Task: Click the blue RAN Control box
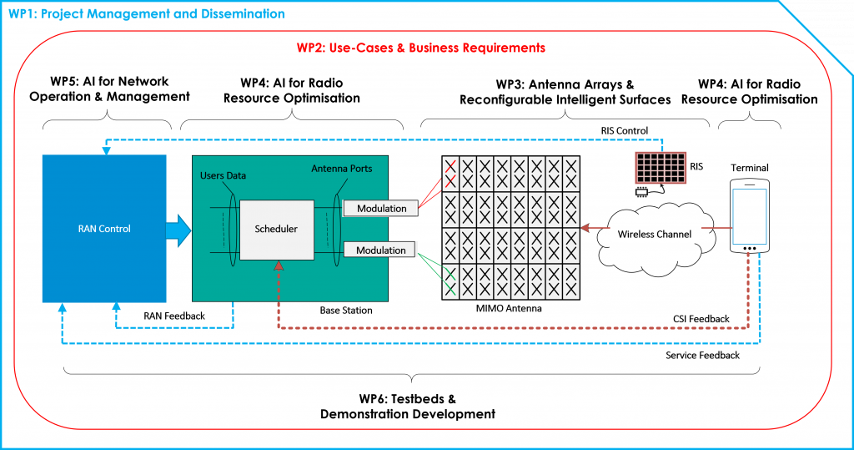[98, 228]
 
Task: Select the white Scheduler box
[274, 229]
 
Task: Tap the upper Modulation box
[381, 209]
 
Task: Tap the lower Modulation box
[381, 250]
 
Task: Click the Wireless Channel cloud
[655, 233]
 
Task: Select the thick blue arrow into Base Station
[178, 229]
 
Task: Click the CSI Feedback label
[701, 319]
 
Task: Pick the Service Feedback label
[702, 356]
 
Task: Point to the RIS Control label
[624, 130]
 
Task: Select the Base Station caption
[346, 311]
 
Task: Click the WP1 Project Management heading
[146, 14]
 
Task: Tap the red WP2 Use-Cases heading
[421, 48]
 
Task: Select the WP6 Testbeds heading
[408, 406]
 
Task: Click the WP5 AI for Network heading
[109, 89]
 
